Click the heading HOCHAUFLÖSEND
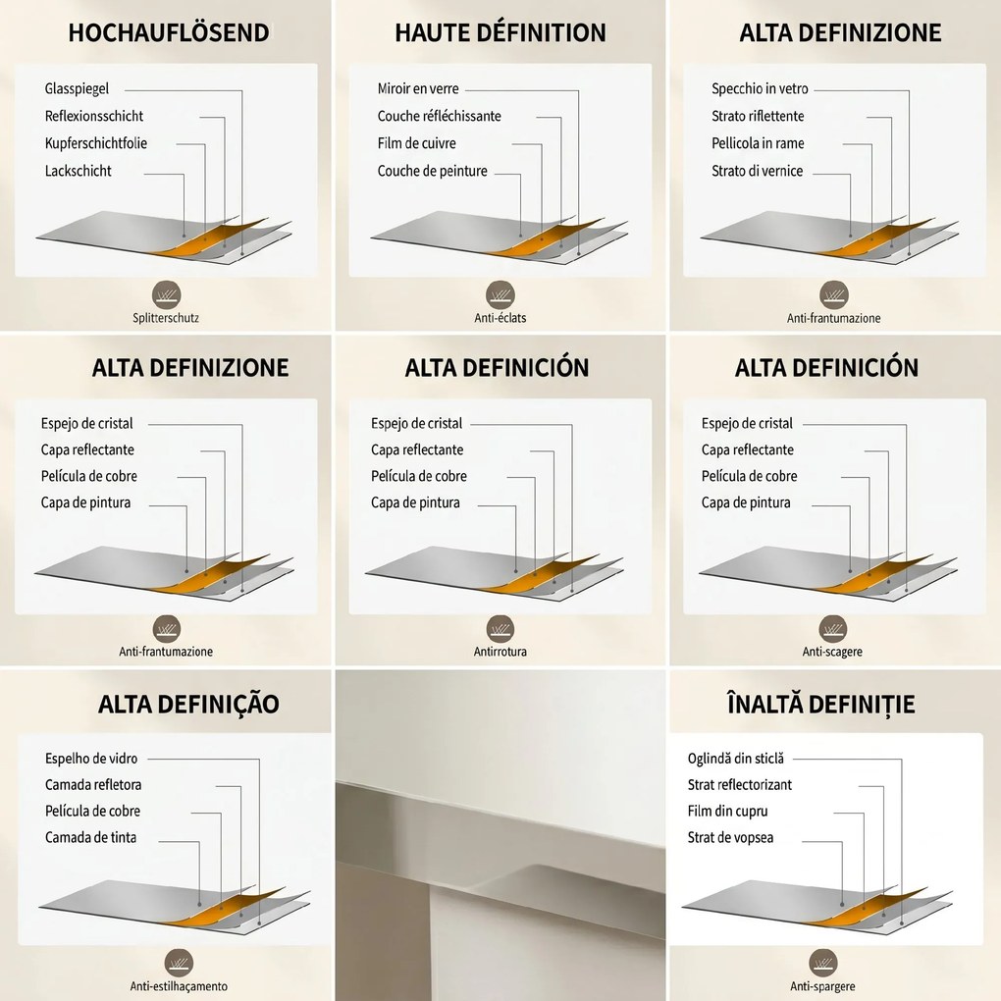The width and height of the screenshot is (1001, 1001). coord(169,32)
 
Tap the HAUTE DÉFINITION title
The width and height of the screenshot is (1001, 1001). coord(500,32)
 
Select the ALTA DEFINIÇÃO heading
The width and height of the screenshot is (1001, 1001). coord(189,704)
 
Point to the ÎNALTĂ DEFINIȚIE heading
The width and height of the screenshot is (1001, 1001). coord(821,704)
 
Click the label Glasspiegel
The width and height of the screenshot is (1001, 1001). coord(77,88)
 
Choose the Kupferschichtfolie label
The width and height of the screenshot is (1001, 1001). coord(96,143)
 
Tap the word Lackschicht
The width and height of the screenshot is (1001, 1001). coord(78,171)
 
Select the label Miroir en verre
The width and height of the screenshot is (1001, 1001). coord(418,88)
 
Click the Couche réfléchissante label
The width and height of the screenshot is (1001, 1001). coord(440,116)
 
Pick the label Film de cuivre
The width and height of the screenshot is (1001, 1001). coord(417,143)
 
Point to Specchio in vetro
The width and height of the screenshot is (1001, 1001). coord(760,88)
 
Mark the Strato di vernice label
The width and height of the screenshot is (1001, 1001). coord(758,171)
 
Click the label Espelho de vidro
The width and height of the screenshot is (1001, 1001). coord(91,759)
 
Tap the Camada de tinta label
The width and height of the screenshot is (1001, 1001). coord(90,837)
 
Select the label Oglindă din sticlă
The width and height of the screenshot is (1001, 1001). coord(735,759)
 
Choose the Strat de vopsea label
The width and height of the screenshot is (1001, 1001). coord(730,837)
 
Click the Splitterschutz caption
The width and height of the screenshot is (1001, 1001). coord(166,318)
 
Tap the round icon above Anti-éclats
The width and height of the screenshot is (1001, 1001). coord(500,295)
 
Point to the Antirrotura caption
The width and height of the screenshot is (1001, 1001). coord(500,652)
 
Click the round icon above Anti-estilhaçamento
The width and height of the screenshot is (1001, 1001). coord(179,963)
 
